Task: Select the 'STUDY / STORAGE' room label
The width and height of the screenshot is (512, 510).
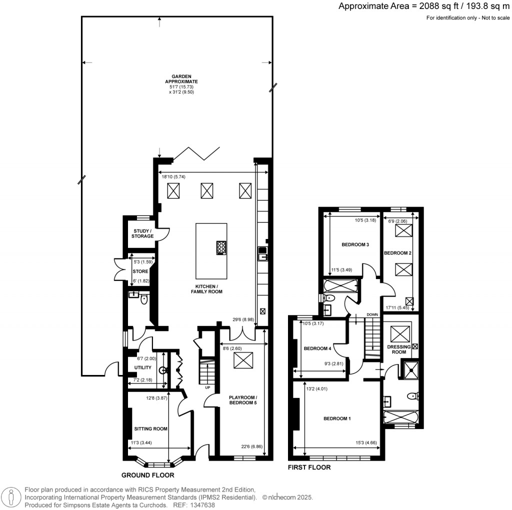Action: pos(142,233)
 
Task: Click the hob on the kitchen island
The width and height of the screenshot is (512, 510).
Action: pos(220,247)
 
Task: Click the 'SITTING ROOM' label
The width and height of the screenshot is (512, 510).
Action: pos(150,428)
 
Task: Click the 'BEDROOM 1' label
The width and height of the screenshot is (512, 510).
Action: pos(337,418)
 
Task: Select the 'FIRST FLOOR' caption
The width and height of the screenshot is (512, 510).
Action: pos(309,468)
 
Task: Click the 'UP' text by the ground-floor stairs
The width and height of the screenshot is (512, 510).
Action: pos(206,387)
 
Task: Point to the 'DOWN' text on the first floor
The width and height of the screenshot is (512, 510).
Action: pos(372,315)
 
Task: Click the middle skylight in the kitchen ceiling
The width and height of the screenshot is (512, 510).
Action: pos(207,190)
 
